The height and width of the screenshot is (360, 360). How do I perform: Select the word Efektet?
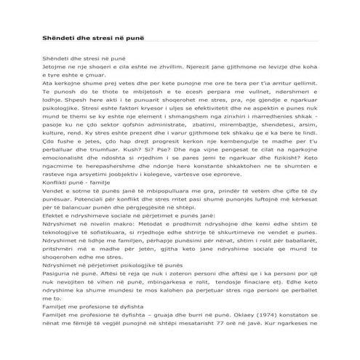pos(55,216)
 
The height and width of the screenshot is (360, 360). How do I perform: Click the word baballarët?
pos(299,243)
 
